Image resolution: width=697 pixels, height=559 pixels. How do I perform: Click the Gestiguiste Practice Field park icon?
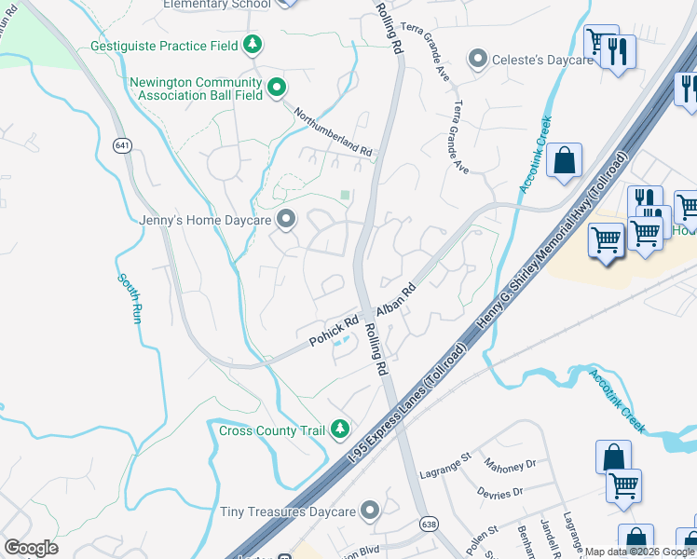click(252, 44)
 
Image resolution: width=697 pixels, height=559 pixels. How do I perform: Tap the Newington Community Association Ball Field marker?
click(276, 89)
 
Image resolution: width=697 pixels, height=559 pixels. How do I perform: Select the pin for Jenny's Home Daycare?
click(286, 220)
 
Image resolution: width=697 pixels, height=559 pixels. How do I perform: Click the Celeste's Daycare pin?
click(478, 60)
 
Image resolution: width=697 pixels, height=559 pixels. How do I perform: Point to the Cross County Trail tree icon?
click(341, 429)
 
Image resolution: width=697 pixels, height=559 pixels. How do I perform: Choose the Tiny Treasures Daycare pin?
click(371, 511)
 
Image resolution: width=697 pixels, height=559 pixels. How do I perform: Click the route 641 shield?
click(122, 145)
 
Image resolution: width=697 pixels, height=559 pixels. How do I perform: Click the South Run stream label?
click(130, 298)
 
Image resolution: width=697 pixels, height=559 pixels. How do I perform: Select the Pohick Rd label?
click(335, 332)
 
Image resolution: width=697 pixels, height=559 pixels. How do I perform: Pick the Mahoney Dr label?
click(511, 463)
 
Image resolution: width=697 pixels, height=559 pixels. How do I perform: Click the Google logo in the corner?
click(31, 548)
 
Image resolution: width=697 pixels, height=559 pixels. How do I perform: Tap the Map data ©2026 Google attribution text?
click(639, 552)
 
